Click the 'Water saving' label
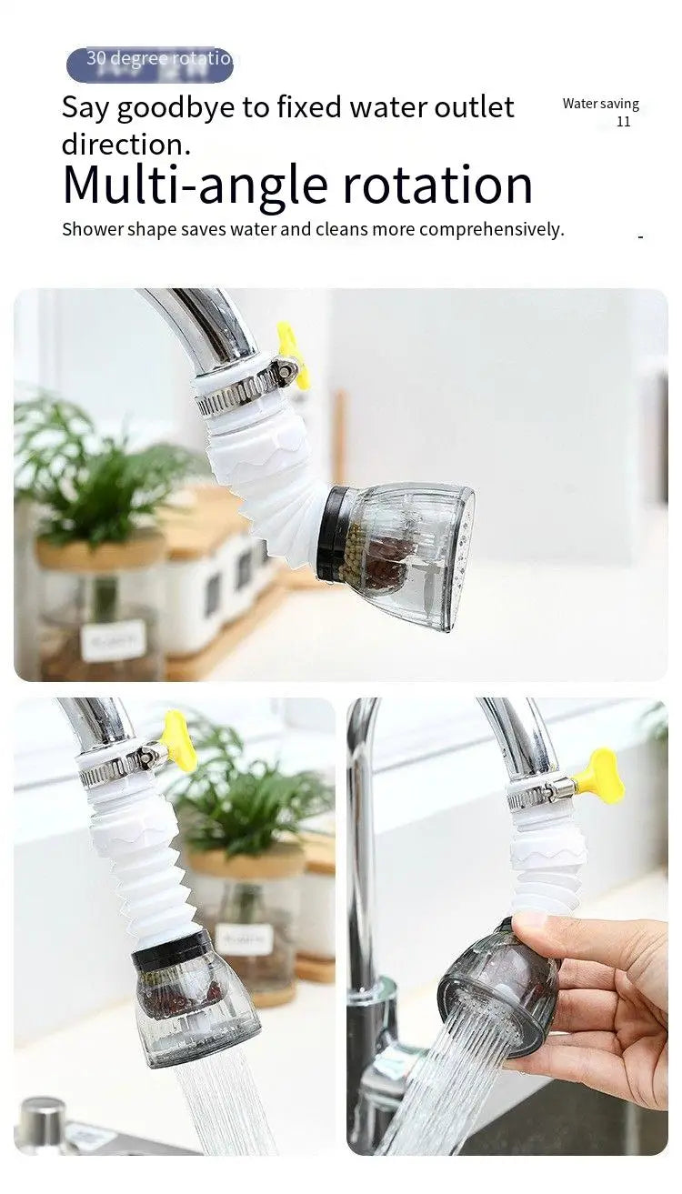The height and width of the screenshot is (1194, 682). click(x=600, y=104)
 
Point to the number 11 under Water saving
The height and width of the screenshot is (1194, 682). click(x=623, y=122)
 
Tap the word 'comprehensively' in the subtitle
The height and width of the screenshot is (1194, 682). click(x=491, y=229)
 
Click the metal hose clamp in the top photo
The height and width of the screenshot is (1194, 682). click(x=238, y=387)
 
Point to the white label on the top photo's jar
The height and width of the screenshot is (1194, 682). click(x=113, y=640)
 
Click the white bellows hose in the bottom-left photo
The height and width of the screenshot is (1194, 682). click(x=140, y=873)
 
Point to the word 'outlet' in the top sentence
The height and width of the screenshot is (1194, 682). click(x=472, y=108)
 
